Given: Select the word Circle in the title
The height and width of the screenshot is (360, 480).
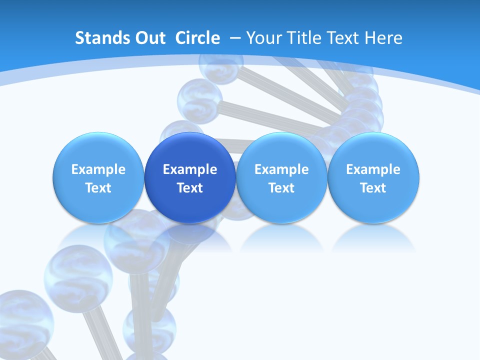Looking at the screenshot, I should pos(197,38).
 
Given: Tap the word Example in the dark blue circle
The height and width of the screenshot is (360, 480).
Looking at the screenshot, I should pos(190,169).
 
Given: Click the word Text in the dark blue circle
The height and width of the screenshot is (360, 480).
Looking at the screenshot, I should pos(190,188).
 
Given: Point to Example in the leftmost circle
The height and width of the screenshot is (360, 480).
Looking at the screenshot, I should pos(98,169).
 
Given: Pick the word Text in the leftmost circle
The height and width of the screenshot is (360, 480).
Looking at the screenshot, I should pos(98,188).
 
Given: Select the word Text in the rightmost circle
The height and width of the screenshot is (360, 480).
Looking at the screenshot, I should pos(373,188).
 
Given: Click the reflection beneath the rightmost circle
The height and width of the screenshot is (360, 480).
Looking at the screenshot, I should pos(373,237).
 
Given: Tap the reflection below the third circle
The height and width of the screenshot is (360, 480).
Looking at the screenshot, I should pos(281,237).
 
